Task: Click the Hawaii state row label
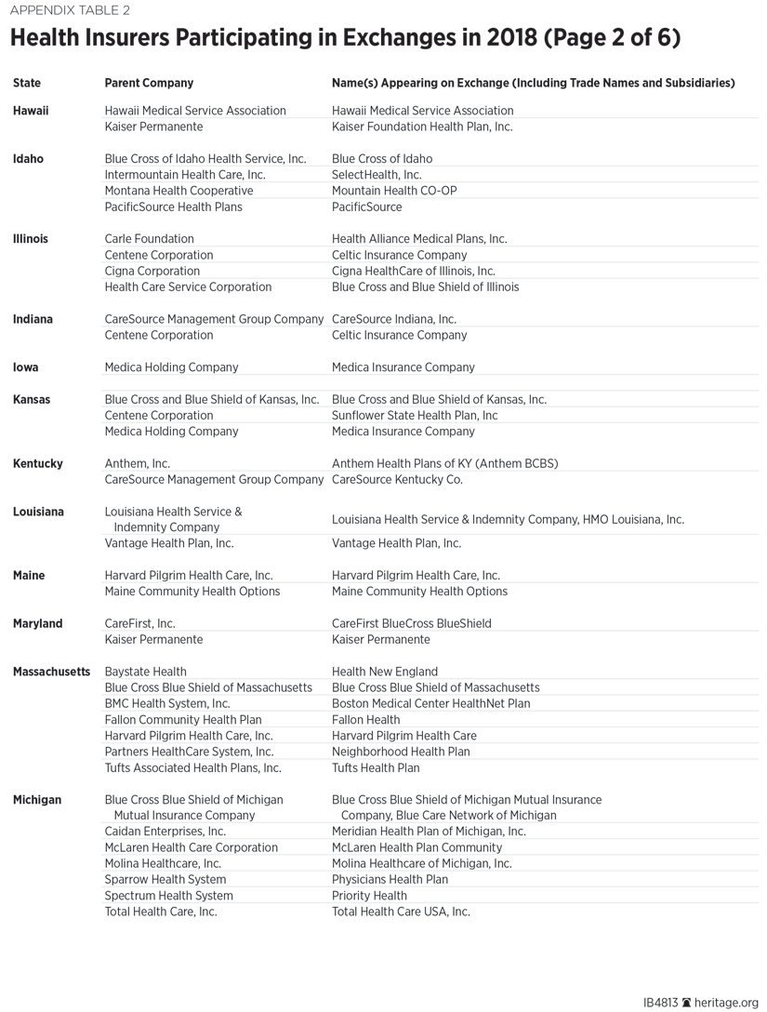[31, 111]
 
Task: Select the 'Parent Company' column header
[149, 83]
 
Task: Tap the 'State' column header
[27, 83]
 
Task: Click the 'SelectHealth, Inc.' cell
[377, 175]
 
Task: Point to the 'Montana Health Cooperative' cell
[179, 191]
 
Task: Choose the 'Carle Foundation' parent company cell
[149, 239]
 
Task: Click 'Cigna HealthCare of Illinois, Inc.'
[414, 271]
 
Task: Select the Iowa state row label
[26, 367]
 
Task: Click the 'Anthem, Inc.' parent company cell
[138, 463]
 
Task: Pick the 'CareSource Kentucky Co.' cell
[397, 480]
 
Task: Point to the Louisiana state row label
[38, 513]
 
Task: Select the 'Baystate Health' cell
[145, 672]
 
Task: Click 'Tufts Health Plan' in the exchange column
[376, 768]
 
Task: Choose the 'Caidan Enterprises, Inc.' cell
[165, 832]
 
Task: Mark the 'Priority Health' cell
[369, 896]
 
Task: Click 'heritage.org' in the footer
[727, 1003]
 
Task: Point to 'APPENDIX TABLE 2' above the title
[71, 11]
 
